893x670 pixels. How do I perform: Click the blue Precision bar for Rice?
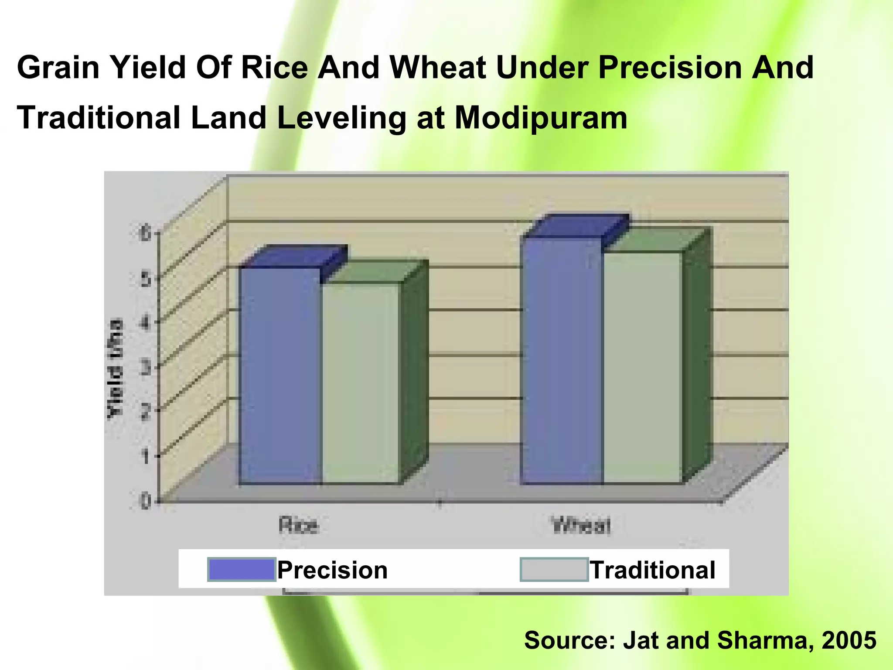click(x=280, y=375)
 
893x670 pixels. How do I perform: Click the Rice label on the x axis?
click(x=298, y=525)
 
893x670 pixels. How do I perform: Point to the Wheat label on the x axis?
click(x=581, y=525)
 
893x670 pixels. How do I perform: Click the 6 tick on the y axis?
click(x=145, y=234)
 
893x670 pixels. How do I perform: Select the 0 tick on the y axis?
click(x=145, y=501)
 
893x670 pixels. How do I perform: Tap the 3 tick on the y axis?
click(x=145, y=368)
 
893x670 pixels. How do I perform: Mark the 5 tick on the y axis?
click(x=145, y=279)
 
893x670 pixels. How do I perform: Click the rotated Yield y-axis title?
click(x=116, y=369)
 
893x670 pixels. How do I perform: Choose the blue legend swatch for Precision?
click(x=242, y=570)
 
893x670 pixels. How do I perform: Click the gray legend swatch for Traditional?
click(x=554, y=570)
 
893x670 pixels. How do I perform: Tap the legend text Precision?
click(x=333, y=570)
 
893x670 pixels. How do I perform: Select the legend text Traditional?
click(x=653, y=570)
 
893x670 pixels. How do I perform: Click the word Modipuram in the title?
click(x=541, y=118)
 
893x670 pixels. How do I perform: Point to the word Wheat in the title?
click(x=438, y=68)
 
